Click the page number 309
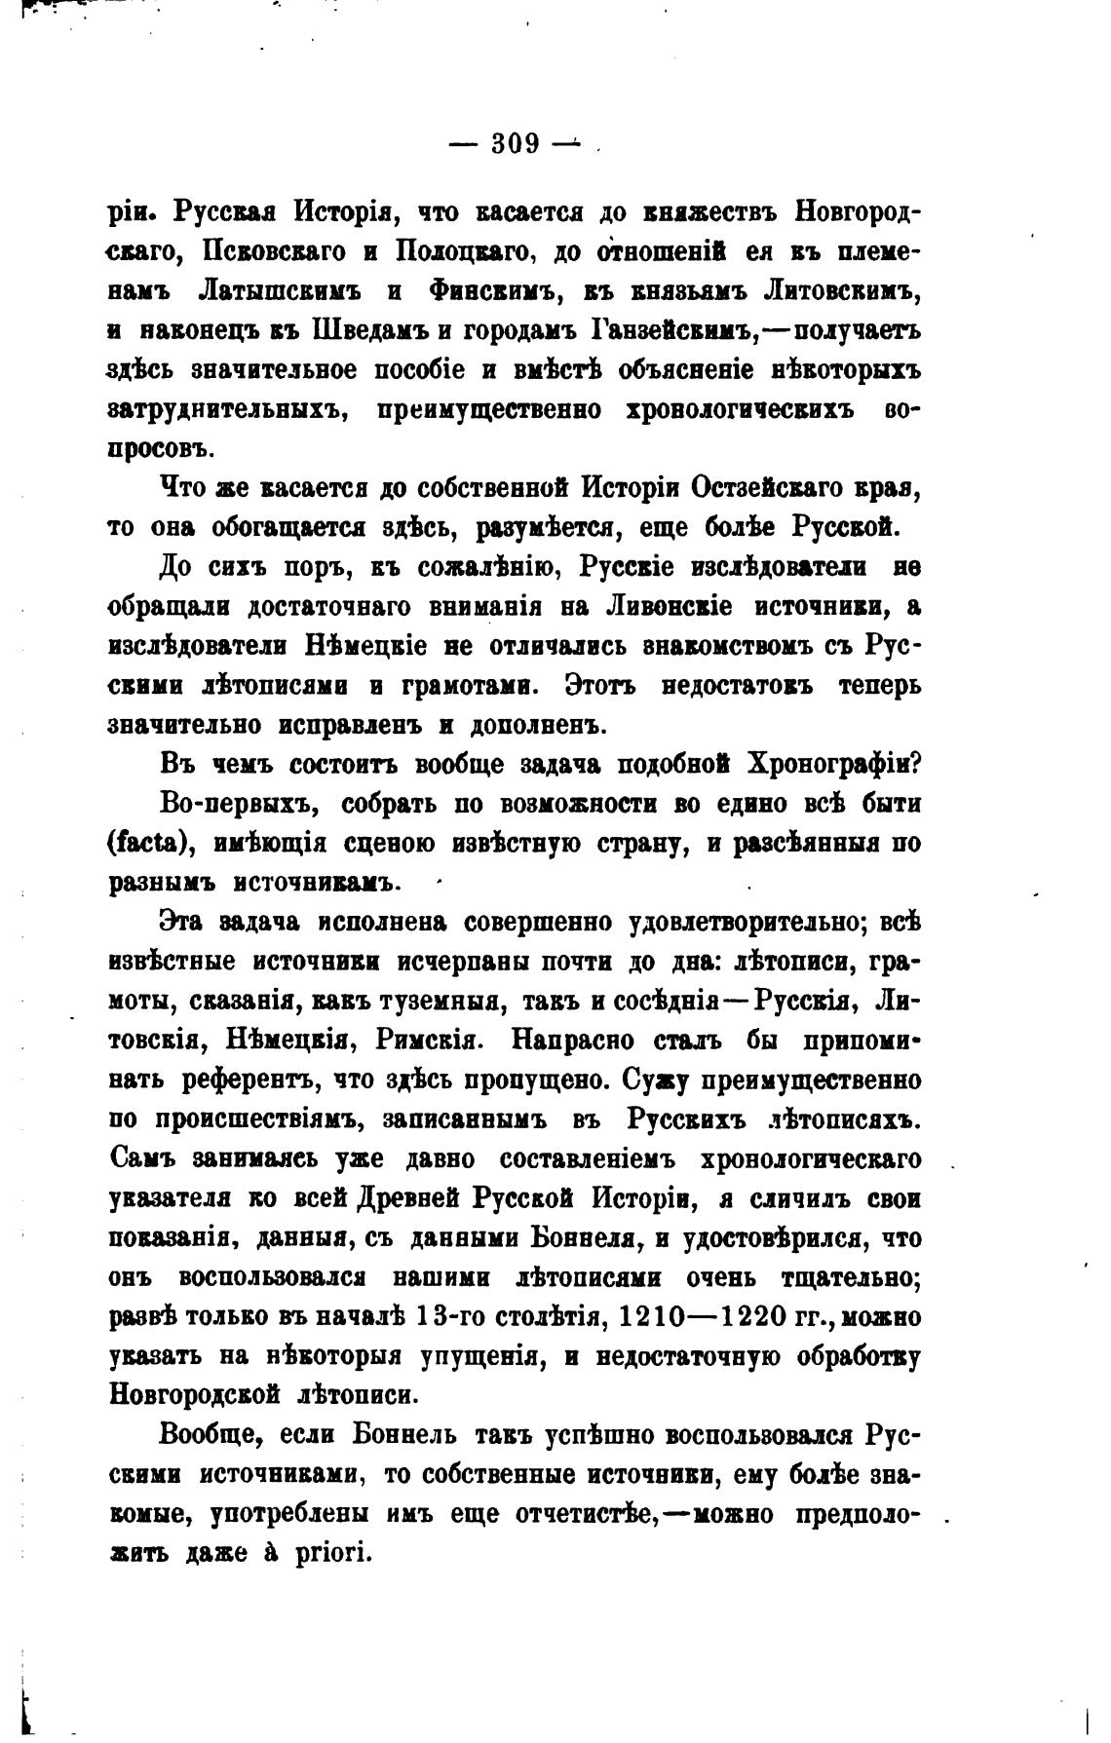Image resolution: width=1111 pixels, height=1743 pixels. pos(516,144)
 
